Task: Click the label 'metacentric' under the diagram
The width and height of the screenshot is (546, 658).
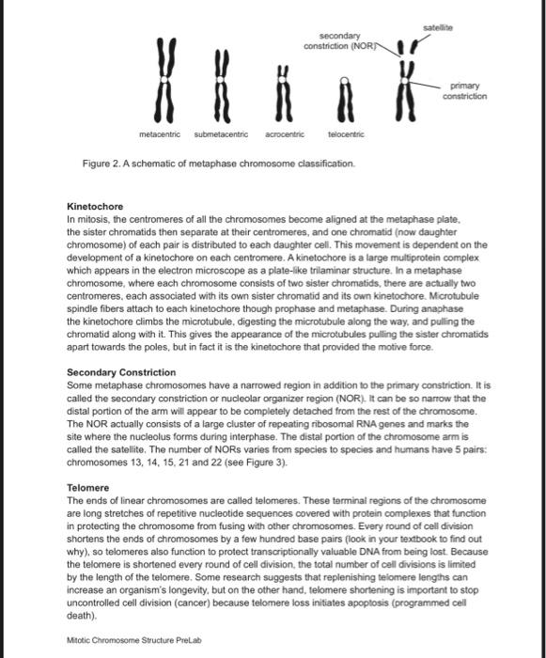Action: tap(160, 135)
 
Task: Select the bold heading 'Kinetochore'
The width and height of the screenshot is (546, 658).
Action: tap(95, 205)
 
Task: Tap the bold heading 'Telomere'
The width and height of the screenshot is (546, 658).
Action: tap(89, 488)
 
